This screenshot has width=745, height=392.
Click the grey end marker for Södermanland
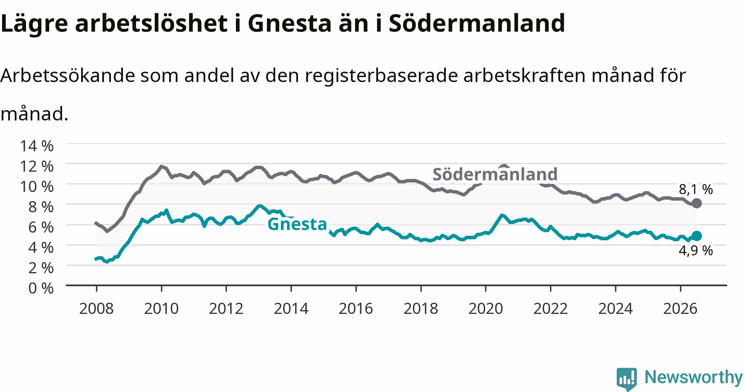(x=697, y=203)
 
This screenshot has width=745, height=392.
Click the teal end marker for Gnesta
(x=697, y=236)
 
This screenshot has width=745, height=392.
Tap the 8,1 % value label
(x=696, y=189)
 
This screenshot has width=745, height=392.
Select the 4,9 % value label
(x=696, y=251)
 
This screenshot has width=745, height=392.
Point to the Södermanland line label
(x=495, y=174)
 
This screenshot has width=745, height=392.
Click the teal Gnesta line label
(x=297, y=224)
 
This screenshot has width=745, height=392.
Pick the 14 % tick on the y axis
(x=36, y=146)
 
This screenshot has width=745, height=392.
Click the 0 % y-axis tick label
(x=41, y=288)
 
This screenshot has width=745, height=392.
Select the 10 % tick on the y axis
(x=36, y=186)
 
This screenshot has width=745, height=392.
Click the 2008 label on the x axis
(x=96, y=308)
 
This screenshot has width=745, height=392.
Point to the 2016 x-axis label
(x=356, y=308)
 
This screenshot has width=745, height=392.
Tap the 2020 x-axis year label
(x=485, y=308)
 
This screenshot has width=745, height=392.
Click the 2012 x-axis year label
(x=226, y=308)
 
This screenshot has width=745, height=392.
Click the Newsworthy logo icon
(x=627, y=379)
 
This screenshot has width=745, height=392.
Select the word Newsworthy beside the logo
(x=694, y=378)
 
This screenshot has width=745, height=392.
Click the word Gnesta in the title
(x=290, y=23)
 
